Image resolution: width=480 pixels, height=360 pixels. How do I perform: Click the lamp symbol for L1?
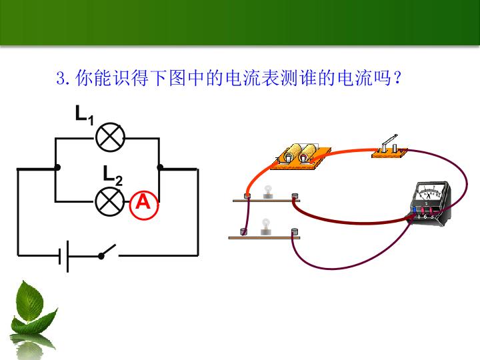110,137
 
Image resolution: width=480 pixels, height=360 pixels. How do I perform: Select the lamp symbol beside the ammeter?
110,202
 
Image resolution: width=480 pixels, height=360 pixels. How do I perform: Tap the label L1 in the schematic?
85,115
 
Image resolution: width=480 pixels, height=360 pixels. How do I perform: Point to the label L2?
113,176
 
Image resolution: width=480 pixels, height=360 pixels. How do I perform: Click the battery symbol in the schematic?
64,256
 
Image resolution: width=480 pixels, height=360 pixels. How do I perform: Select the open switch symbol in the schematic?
108,252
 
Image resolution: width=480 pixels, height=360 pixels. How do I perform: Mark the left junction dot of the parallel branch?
57,167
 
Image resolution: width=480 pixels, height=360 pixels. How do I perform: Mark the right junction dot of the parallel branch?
160,167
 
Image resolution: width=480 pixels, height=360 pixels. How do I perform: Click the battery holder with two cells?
301,156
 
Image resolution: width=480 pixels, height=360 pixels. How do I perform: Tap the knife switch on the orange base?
389,147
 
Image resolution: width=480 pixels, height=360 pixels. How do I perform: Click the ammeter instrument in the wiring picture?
431,203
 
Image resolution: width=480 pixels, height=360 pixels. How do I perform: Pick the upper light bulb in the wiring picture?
268,192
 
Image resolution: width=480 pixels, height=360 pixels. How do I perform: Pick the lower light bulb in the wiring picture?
266,227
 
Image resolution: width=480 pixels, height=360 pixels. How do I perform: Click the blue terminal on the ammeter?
415,210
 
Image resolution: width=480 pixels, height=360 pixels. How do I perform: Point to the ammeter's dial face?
430,191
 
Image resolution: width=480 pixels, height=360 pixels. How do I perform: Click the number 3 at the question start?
60,78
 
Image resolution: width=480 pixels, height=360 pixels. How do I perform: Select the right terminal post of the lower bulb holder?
295,231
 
